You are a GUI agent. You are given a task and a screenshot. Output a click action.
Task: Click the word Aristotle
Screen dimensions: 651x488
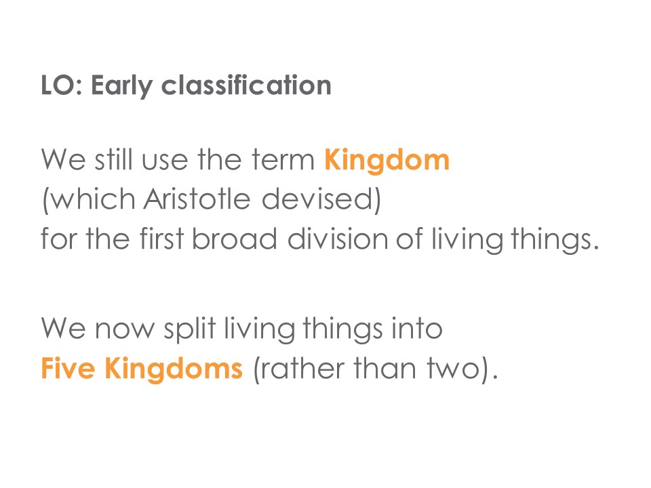(197, 199)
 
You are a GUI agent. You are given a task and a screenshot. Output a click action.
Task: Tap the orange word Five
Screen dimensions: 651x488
(68, 368)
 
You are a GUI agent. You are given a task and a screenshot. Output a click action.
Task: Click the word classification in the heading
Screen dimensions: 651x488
(246, 85)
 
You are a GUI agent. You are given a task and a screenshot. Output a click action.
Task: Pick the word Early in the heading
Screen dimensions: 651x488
(121, 86)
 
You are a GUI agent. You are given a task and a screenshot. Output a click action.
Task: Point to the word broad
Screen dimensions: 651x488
(235, 239)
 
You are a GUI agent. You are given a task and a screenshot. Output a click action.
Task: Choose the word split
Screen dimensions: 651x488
(190, 329)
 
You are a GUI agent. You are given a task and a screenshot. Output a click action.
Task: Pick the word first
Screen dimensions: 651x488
(161, 239)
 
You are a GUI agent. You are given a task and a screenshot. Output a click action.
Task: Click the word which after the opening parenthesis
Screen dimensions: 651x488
(93, 199)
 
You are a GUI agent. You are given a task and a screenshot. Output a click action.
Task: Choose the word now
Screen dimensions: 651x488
(124, 330)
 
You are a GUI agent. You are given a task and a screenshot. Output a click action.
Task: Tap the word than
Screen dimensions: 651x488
(385, 368)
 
